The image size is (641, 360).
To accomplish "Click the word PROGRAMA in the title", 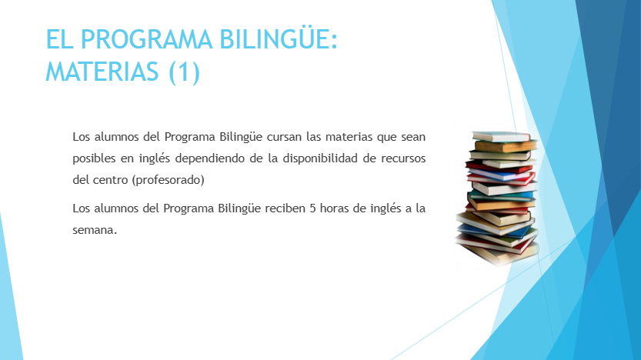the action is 146,40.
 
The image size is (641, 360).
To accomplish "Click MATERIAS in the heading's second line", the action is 102,72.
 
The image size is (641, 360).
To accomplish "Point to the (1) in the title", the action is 185,72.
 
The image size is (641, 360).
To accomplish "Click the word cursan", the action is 284,137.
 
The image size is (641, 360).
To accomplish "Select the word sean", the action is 413,137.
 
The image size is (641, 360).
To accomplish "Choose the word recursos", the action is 403,158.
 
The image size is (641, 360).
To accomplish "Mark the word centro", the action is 110,180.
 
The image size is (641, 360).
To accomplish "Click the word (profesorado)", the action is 168,180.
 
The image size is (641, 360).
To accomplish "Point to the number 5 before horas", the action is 312,208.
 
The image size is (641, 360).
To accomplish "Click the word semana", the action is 95,231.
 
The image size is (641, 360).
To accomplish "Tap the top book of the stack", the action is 501,136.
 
